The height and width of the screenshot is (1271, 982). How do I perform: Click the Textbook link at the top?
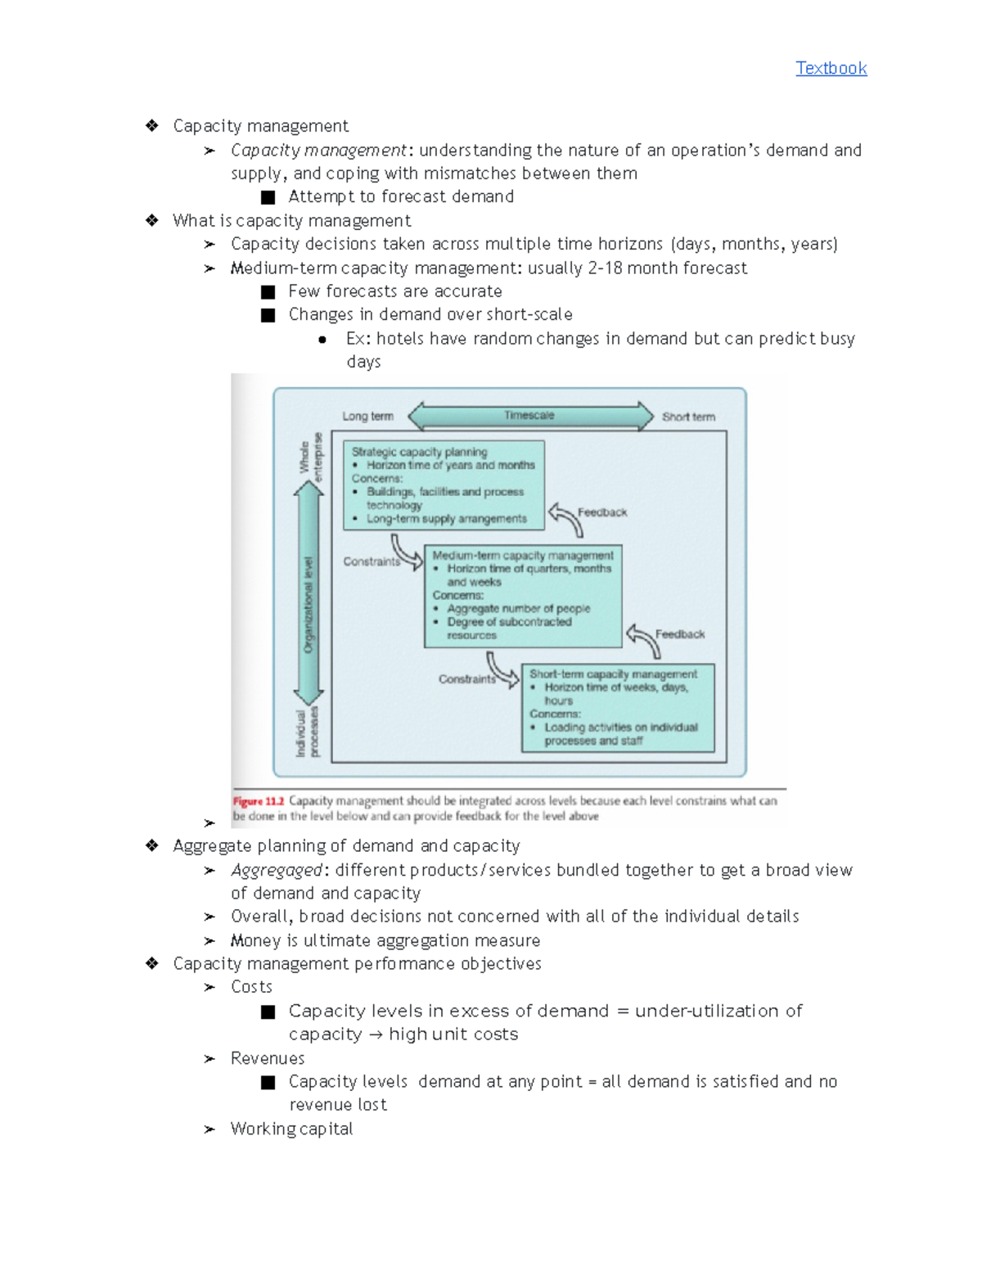coord(831,68)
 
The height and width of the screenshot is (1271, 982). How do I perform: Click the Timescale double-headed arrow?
coord(530,416)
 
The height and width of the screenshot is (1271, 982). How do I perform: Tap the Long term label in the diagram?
coord(367,416)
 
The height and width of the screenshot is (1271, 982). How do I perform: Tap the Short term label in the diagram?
coord(688,417)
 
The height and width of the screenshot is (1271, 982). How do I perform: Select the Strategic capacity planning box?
coord(444,485)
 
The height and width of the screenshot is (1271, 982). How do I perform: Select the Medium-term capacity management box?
coord(523,596)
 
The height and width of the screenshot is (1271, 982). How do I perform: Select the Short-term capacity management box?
coord(618,708)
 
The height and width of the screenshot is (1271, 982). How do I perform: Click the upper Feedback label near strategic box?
coord(602,512)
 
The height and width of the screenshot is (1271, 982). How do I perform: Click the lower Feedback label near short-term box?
coord(679,634)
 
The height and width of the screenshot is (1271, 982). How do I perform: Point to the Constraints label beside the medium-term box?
coord(372,561)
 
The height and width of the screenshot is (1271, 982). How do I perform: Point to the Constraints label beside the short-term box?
coord(466,679)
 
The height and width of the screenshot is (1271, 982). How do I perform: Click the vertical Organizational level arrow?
coord(309,593)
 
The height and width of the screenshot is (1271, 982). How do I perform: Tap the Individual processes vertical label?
coord(308,732)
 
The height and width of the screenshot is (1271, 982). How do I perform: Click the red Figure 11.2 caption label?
coord(258,801)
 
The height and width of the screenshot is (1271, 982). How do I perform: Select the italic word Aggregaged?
coord(277,870)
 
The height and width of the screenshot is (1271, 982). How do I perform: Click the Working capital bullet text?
coord(291,1129)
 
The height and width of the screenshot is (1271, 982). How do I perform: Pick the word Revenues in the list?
coord(268,1058)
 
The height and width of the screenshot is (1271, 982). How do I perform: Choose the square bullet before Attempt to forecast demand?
coord(268,197)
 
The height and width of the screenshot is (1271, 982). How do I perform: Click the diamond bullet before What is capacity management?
coord(152,220)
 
